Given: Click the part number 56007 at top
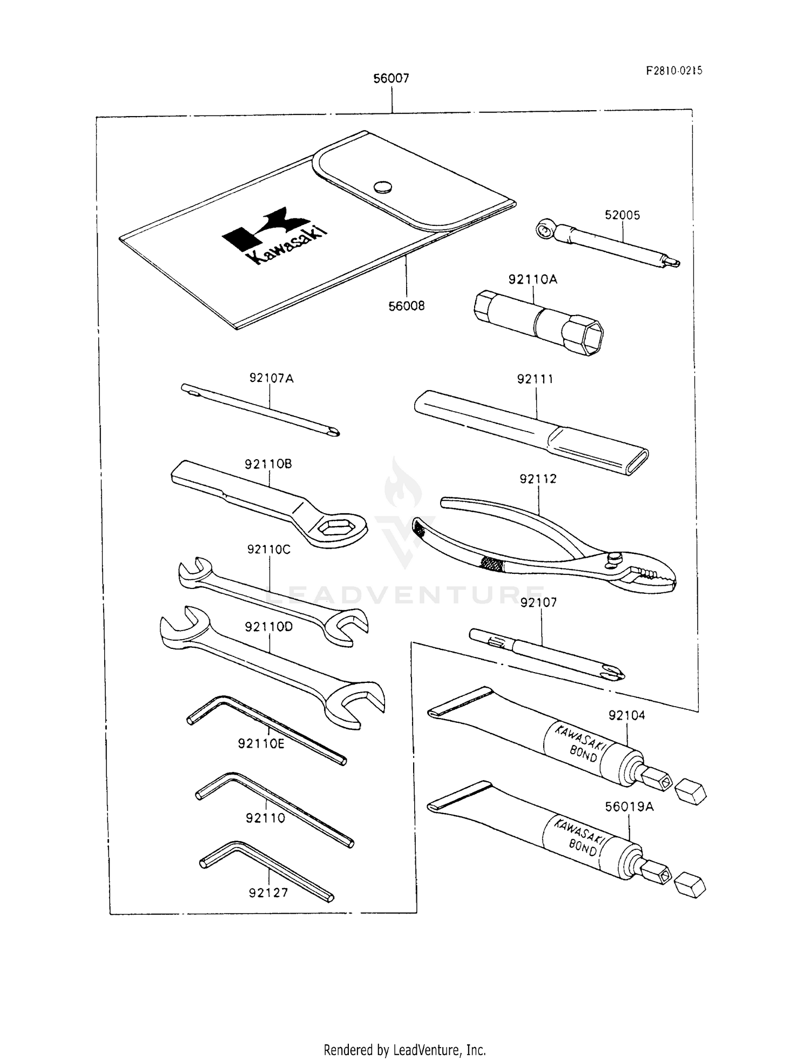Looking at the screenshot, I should pos(391,79).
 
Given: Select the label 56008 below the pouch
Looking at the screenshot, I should pos(406,306).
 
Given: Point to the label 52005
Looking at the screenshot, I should pos(622,215).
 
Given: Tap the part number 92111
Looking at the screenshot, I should pos(535,379).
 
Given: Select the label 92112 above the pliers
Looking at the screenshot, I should pos(538,479).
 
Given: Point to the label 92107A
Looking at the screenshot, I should pos(271,378).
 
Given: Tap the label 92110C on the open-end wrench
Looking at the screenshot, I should pos(268,549).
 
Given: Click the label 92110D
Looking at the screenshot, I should pos(268,627).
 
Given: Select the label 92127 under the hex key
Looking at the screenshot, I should pos(268,893).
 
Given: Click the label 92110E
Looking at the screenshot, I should pos(261,744).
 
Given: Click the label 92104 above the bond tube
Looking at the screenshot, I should pos(626,715).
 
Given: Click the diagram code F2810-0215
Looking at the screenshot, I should pos(674,71).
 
